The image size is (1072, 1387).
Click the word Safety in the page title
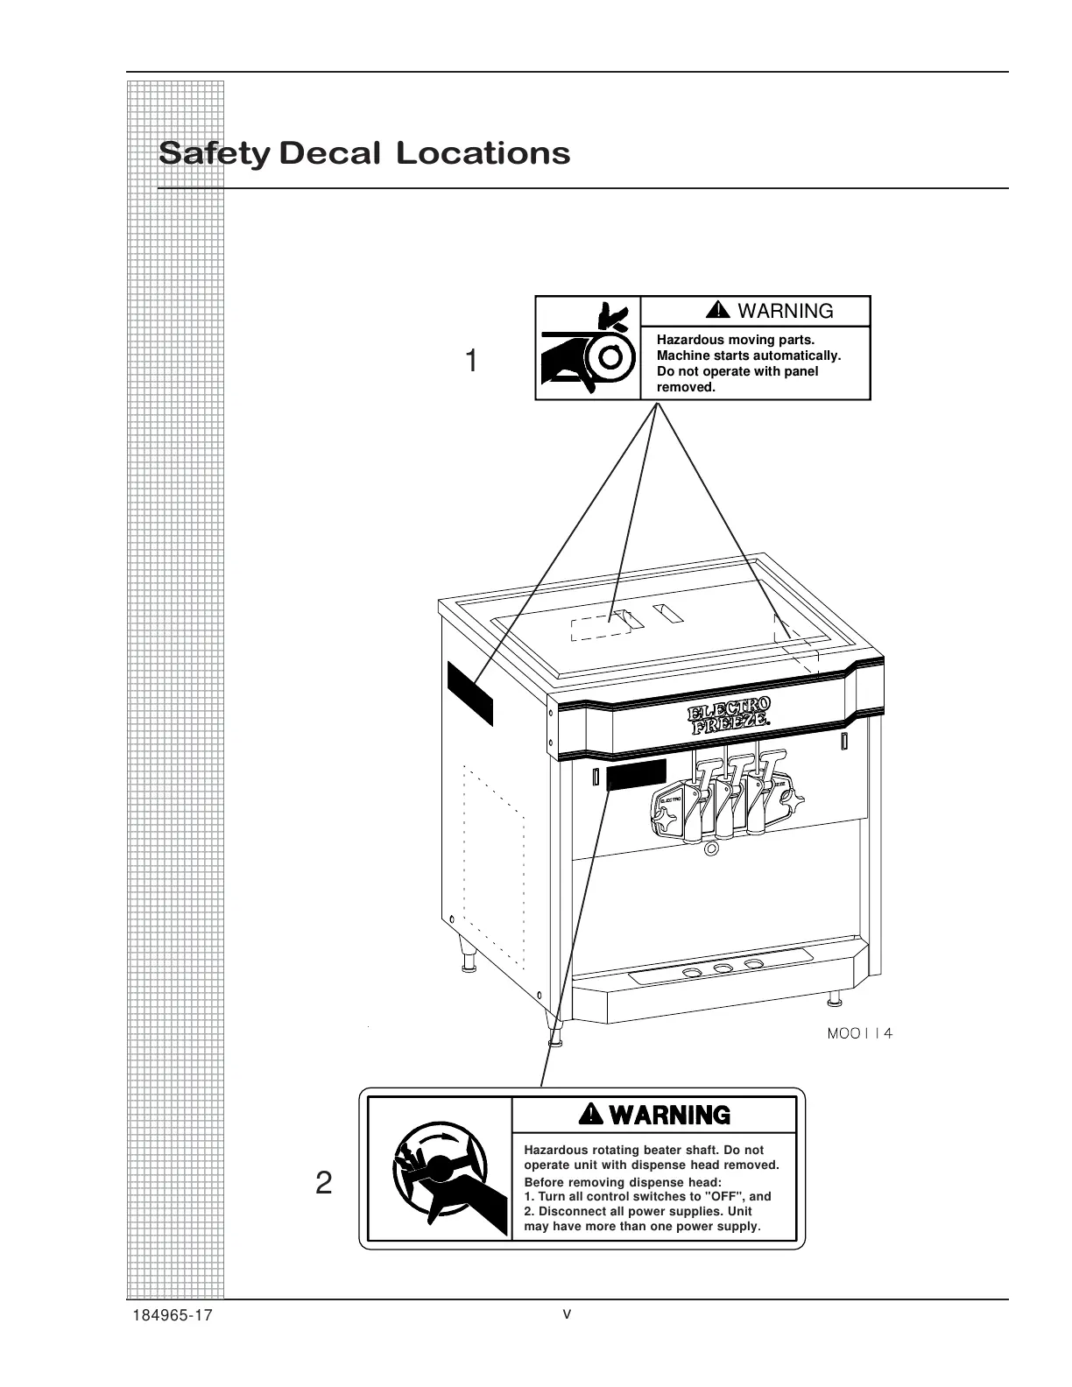214,153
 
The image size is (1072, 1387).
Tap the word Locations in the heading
483,153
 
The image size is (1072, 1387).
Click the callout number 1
471,361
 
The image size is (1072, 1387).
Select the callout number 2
323,1184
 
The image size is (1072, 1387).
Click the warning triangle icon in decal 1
718,310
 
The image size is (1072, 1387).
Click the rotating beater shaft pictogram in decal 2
439,1169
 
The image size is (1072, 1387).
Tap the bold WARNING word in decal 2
670,1115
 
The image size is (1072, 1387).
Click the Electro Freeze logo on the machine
730,715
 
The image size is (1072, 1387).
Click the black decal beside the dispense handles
636,775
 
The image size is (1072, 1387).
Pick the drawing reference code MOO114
859,1033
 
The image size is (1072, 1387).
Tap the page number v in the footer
567,1313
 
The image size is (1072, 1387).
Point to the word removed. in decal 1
686,387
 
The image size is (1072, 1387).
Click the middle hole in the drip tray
723,968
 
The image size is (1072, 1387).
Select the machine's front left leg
554,1033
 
